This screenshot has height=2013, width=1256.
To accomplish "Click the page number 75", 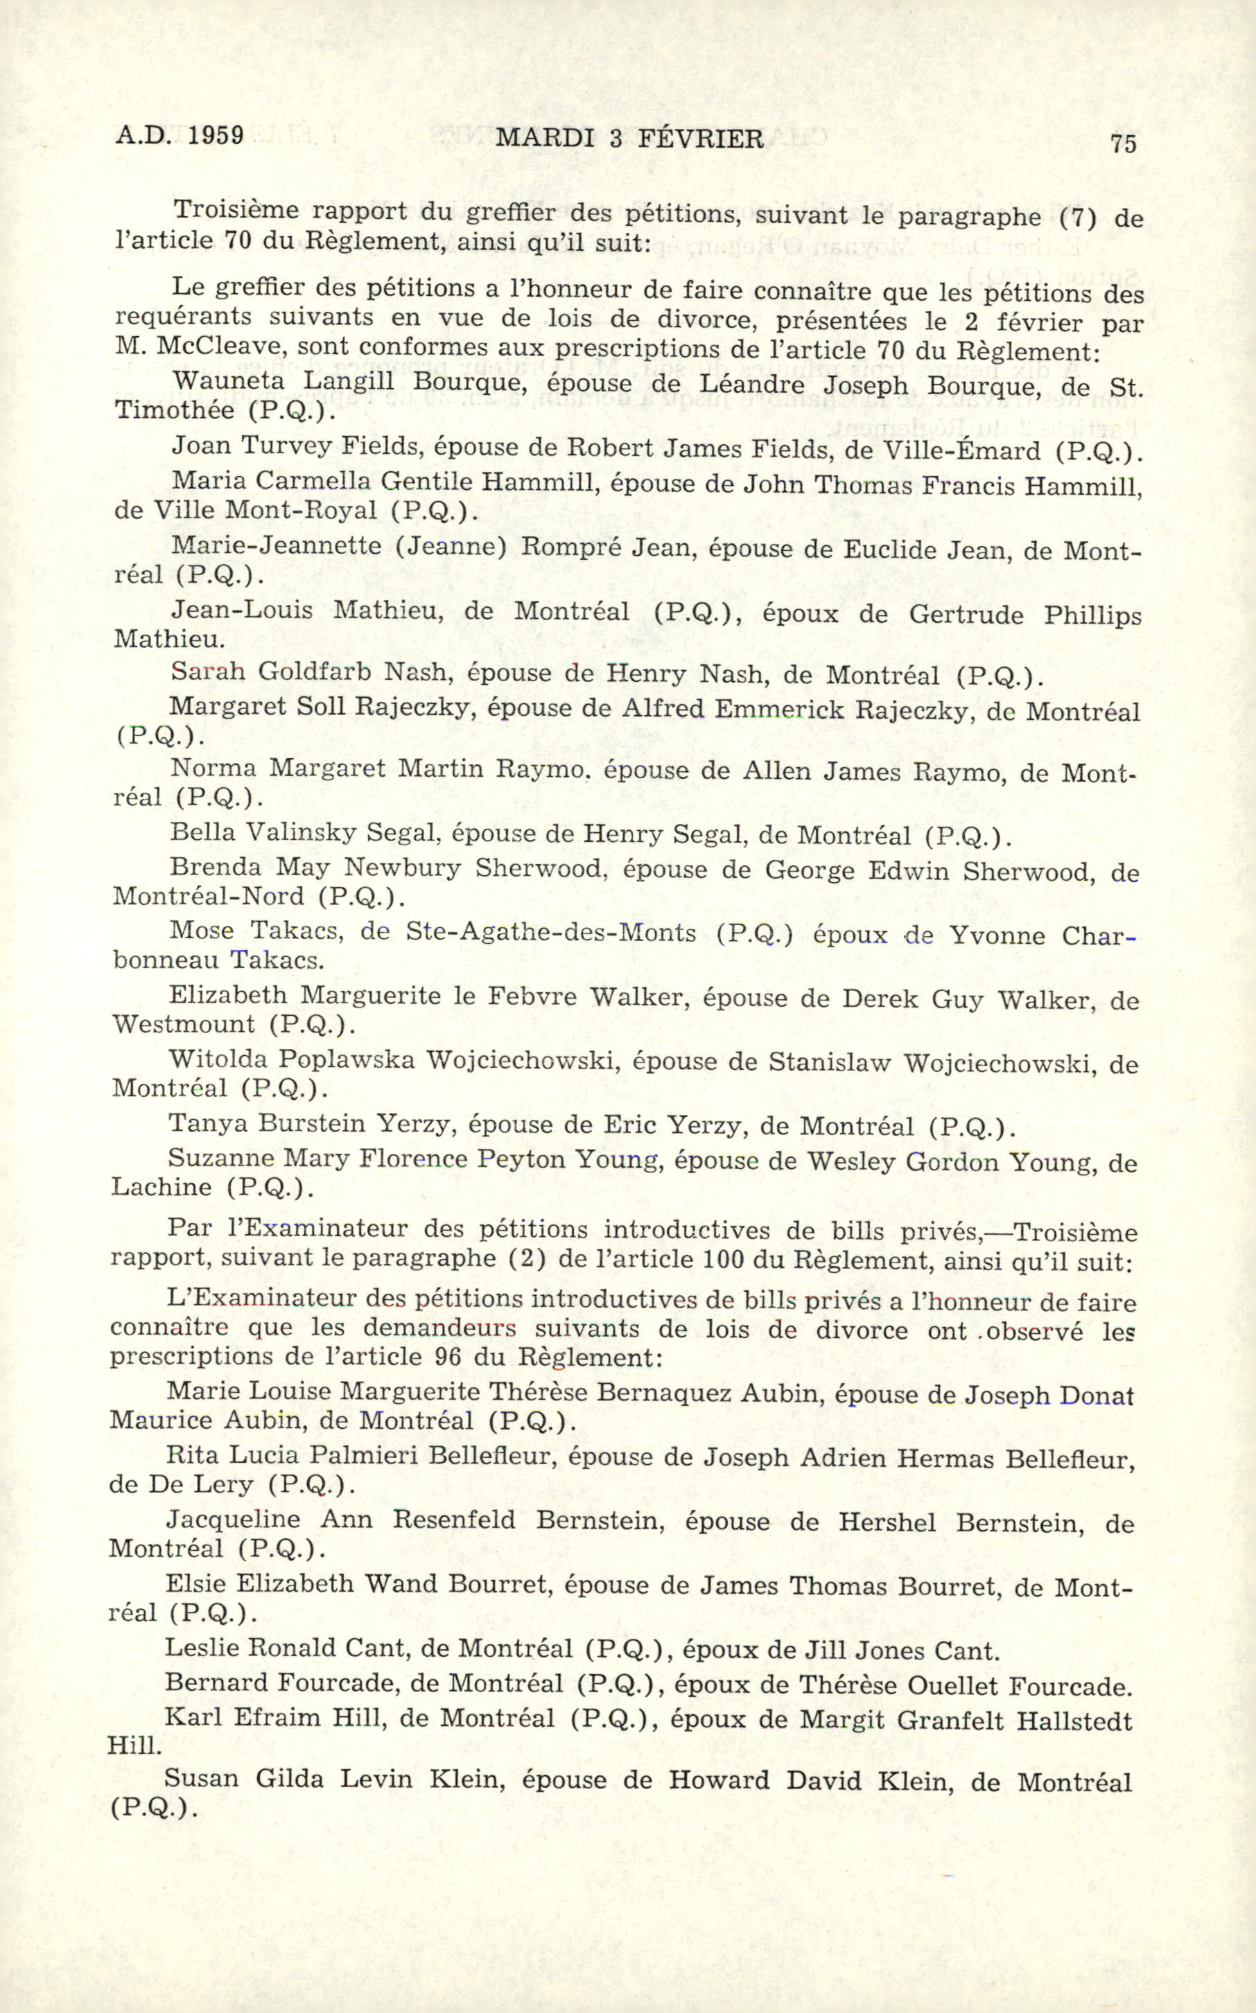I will coord(1122,143).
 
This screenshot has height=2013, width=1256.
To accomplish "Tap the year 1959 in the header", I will coord(215,135).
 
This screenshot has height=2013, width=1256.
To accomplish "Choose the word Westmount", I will coord(184,1024).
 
